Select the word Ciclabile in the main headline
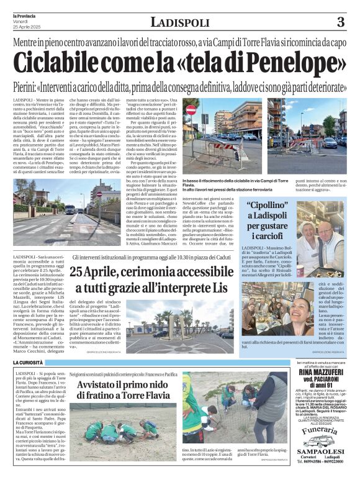(x=56, y=62)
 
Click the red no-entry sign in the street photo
(x=191, y=110)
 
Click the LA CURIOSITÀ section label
(x=27, y=361)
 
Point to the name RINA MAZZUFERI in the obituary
(x=317, y=373)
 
